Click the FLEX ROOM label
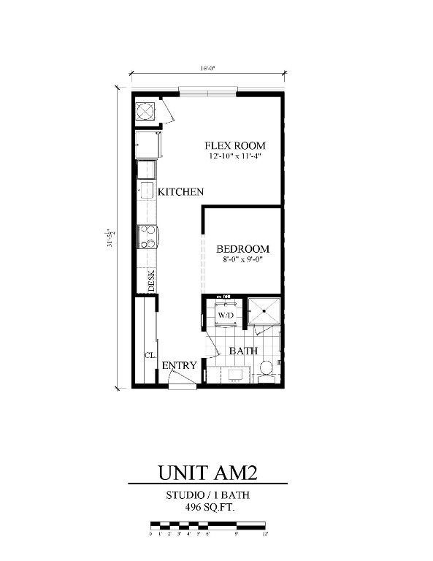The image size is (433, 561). (x=234, y=145)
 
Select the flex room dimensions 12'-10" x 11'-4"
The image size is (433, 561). (x=234, y=156)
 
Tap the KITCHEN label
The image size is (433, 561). (x=181, y=192)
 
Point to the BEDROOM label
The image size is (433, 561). (x=242, y=249)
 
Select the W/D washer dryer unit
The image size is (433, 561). (x=226, y=315)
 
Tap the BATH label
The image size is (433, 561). (x=243, y=351)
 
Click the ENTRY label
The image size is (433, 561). (x=177, y=365)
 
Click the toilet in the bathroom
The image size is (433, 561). (x=267, y=369)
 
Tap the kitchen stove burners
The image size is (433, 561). (x=148, y=238)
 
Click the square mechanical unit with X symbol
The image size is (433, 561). (x=146, y=110)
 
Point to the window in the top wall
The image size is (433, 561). (x=209, y=91)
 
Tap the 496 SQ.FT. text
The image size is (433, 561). (x=207, y=507)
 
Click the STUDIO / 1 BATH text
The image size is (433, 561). (x=207, y=495)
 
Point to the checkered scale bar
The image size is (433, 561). (x=207, y=525)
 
